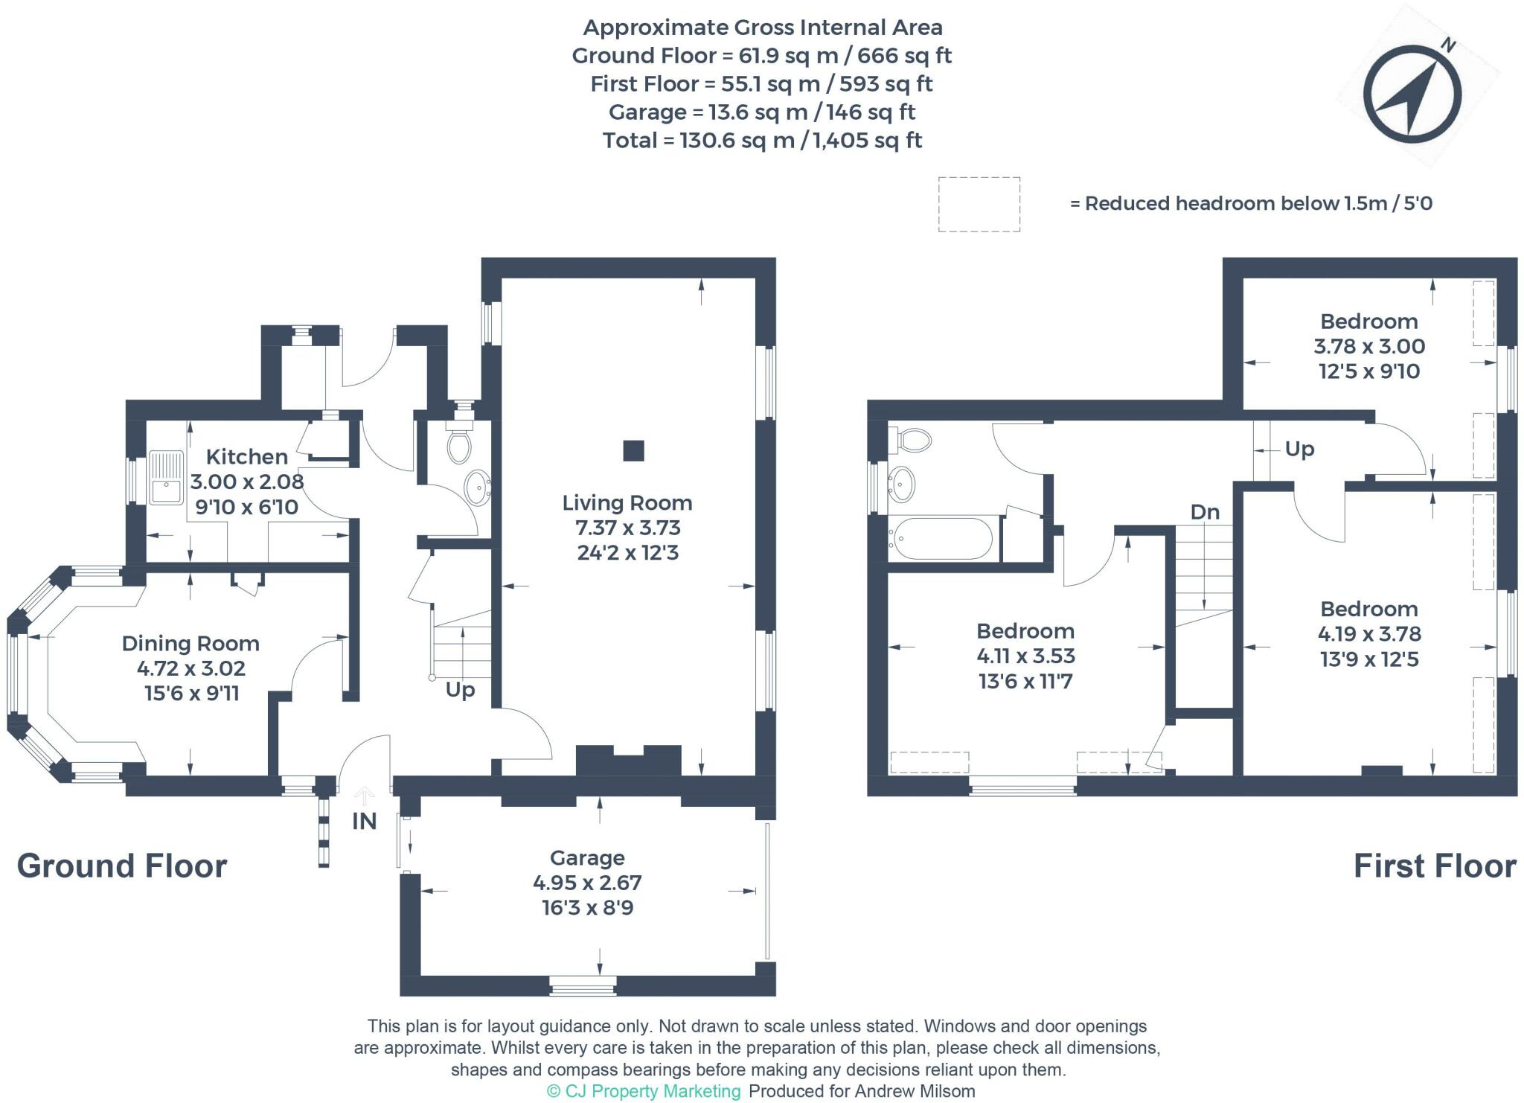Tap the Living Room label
point(627,503)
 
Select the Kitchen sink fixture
point(166,478)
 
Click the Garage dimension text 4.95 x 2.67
point(587,883)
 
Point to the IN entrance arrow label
point(364,821)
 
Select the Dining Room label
point(190,644)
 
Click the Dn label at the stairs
point(1205,512)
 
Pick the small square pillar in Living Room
point(633,450)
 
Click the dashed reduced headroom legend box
point(979,204)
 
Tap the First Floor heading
point(1434,866)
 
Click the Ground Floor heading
point(122,866)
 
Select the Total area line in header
point(762,141)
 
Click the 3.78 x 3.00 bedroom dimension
point(1369,346)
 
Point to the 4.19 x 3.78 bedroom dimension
point(1369,634)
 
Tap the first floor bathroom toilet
point(912,440)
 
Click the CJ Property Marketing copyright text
point(644,1091)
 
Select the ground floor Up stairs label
point(460,690)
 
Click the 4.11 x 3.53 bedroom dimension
point(1025,656)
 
